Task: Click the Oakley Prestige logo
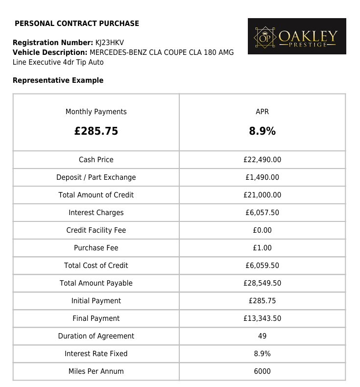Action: tap(297, 36)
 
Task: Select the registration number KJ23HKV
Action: tap(110, 43)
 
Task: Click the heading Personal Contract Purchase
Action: tap(77, 24)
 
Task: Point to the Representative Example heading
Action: tap(58, 80)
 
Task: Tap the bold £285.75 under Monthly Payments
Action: tap(96, 131)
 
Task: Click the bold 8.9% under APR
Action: tap(262, 131)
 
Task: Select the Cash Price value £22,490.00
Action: tap(262, 160)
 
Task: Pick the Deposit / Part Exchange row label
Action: tap(96, 177)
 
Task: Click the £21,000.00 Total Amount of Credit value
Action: tap(262, 195)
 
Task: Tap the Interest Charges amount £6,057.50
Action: tap(262, 213)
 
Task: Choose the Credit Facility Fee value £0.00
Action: tap(262, 230)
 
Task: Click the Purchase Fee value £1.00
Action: tap(262, 248)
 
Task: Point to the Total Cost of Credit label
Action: tap(96, 266)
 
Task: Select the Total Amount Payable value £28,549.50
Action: tap(262, 283)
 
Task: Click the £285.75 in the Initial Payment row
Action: tap(262, 301)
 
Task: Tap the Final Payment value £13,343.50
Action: tap(262, 318)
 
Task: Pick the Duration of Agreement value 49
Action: tap(262, 336)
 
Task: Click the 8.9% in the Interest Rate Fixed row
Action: tap(262, 354)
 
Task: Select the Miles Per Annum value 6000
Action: tap(262, 371)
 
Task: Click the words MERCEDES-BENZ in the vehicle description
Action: tap(118, 52)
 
